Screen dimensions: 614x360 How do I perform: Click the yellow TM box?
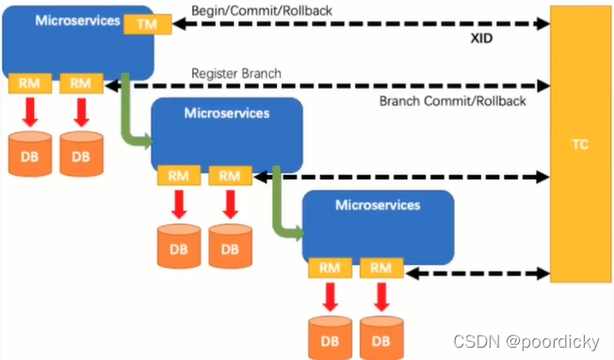[148, 25]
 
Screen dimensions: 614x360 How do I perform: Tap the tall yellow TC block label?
[580, 144]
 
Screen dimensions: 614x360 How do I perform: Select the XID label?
[481, 39]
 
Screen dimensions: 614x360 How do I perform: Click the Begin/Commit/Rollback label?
[262, 10]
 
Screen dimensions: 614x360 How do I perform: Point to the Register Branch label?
[236, 74]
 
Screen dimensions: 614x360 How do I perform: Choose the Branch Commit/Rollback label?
[453, 101]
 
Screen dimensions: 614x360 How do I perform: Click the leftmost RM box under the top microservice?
[30, 83]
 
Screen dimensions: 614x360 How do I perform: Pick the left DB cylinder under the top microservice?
[30, 154]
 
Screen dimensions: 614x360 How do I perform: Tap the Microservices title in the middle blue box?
[227, 113]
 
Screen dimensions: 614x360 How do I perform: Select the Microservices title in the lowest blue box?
[378, 205]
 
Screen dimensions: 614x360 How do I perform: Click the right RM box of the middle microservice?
[230, 175]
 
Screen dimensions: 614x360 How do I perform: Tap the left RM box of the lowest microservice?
[330, 268]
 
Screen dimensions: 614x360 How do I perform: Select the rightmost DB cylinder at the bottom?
[381, 338]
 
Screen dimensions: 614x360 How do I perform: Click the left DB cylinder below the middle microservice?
[179, 246]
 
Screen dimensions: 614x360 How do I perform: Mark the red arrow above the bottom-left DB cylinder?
[331, 297]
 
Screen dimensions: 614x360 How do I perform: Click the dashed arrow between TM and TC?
[361, 24]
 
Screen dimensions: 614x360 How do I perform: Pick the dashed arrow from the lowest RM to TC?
[477, 273]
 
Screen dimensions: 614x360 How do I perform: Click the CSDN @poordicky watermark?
[526, 341]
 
